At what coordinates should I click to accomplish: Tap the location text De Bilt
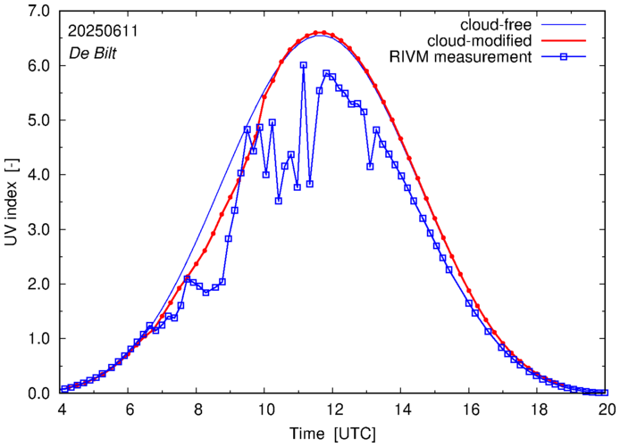click(93, 52)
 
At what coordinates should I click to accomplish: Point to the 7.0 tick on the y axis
click(40, 11)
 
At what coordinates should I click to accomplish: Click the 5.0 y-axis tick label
click(40, 120)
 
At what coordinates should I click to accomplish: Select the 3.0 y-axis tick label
click(40, 229)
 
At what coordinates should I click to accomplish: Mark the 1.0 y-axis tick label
click(40, 339)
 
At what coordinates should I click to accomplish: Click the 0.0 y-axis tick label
click(40, 393)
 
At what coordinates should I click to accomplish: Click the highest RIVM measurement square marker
click(304, 65)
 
